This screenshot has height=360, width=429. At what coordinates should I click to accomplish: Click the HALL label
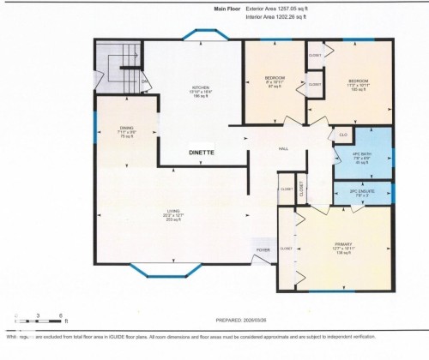point(282,148)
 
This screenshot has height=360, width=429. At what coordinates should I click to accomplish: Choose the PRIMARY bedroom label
point(343,249)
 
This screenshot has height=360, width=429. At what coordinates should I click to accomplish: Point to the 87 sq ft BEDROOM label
point(273,82)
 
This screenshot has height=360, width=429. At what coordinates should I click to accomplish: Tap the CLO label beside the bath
point(343,135)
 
